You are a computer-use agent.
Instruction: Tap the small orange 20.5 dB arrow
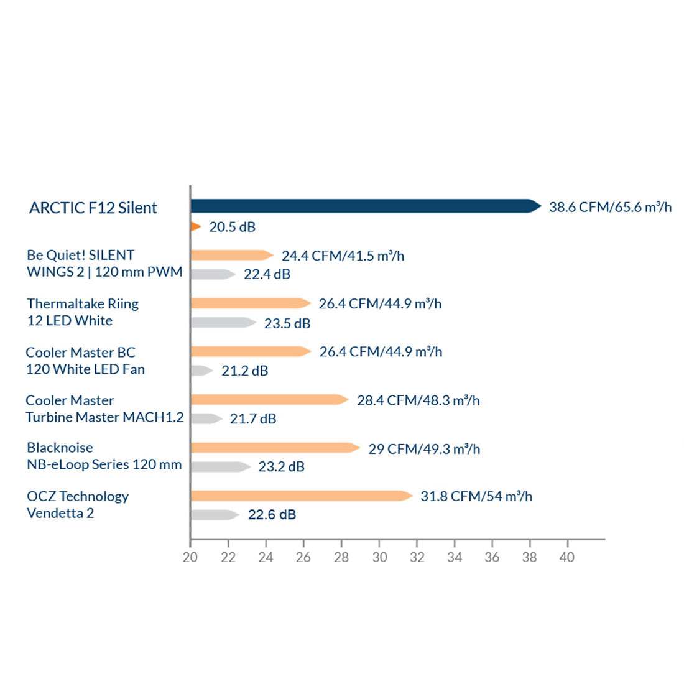(195, 226)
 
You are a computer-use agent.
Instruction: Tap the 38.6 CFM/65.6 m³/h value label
(610, 207)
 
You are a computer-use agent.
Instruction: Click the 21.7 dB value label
(253, 418)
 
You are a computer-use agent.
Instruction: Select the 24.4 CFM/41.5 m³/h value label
(343, 256)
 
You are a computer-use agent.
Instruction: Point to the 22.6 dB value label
(272, 514)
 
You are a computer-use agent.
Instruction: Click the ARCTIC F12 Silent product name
(93, 208)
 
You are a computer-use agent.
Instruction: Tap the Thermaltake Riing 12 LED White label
(82, 312)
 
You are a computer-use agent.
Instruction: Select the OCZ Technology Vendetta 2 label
(78, 504)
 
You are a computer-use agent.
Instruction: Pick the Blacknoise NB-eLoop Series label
(104, 456)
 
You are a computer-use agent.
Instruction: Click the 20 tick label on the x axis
(190, 557)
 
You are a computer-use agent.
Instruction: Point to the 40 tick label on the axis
(566, 557)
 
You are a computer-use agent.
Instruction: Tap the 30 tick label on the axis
(379, 557)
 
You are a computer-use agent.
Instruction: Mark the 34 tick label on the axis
(455, 557)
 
